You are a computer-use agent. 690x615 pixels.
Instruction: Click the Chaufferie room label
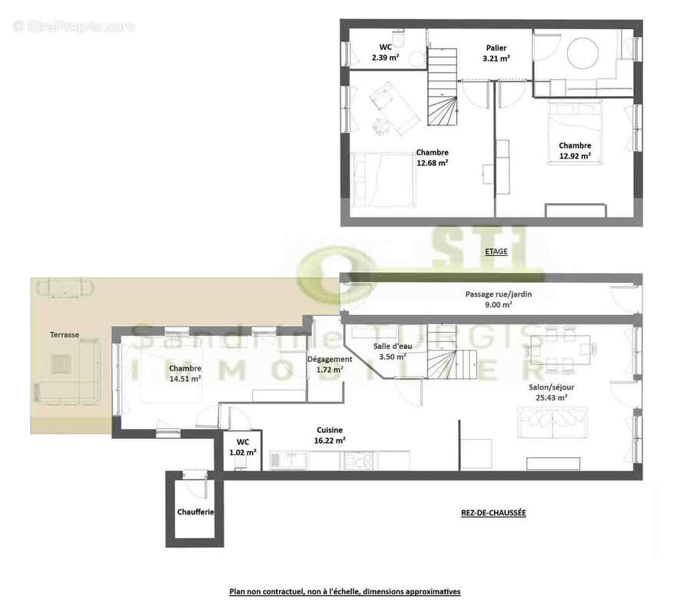coord(195,512)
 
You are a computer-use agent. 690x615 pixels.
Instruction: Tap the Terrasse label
coord(65,334)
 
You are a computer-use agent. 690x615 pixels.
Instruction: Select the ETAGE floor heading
coord(496,251)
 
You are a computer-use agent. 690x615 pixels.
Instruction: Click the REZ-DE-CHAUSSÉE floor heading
coord(493,513)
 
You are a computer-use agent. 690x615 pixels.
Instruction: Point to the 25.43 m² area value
coord(552,397)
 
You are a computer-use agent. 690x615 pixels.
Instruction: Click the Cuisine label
coord(330,430)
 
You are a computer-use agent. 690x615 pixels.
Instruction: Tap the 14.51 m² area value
coord(185,378)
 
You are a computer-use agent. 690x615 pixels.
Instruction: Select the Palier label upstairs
coord(496,48)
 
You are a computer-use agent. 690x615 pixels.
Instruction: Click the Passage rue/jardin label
coord(499,294)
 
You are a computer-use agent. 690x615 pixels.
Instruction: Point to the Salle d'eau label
coord(393,346)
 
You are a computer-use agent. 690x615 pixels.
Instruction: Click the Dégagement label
coord(330,359)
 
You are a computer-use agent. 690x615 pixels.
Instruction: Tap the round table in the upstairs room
coord(582,53)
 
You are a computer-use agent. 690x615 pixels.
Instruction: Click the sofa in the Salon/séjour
coord(552,422)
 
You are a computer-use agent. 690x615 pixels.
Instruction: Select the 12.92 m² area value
coord(576,156)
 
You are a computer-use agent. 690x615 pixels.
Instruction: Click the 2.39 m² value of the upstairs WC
coord(385,57)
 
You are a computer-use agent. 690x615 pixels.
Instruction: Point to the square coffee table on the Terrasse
coord(61,364)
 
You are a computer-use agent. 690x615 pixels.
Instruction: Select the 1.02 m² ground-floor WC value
coord(243,452)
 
